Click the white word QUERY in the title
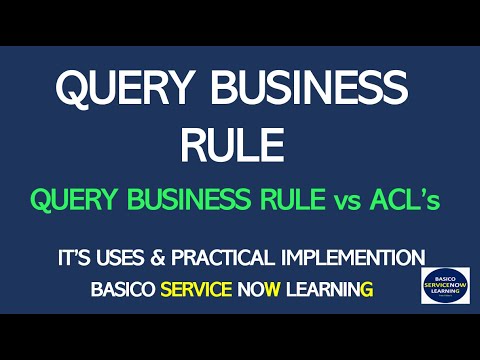pos(117,91)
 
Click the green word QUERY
pos(73,200)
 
